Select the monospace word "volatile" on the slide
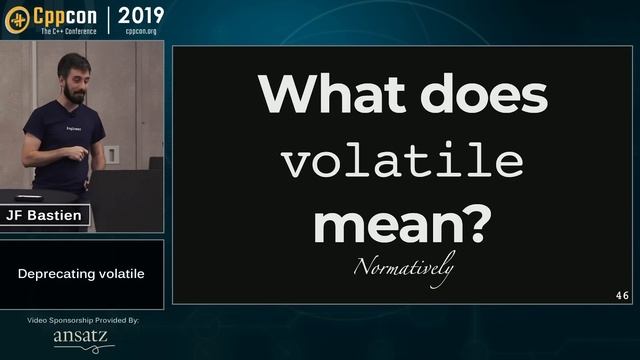(x=402, y=161)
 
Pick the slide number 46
(x=622, y=296)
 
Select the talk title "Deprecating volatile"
(x=81, y=273)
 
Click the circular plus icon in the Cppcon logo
(x=17, y=19)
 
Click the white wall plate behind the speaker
(x=112, y=154)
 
